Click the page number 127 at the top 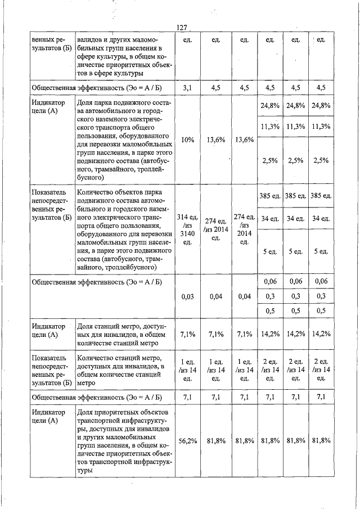181,28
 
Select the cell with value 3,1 188,87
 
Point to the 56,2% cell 188,440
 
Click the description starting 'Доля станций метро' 120,335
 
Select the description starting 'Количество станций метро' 120,370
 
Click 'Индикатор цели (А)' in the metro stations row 48,331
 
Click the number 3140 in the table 188,232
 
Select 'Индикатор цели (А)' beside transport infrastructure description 48,417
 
